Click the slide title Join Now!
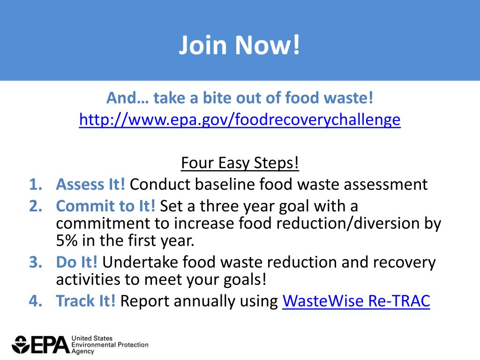click(240, 45)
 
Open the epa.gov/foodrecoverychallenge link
click(240, 120)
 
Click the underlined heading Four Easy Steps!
click(240, 163)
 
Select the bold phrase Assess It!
click(90, 184)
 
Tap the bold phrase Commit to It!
click(105, 206)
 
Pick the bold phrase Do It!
click(77, 262)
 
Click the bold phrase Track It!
click(86, 301)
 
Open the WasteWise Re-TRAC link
click(356, 301)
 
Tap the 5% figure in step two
click(67, 241)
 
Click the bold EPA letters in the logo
click(50, 345)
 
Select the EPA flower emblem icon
click(21, 345)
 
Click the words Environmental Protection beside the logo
click(110, 345)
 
